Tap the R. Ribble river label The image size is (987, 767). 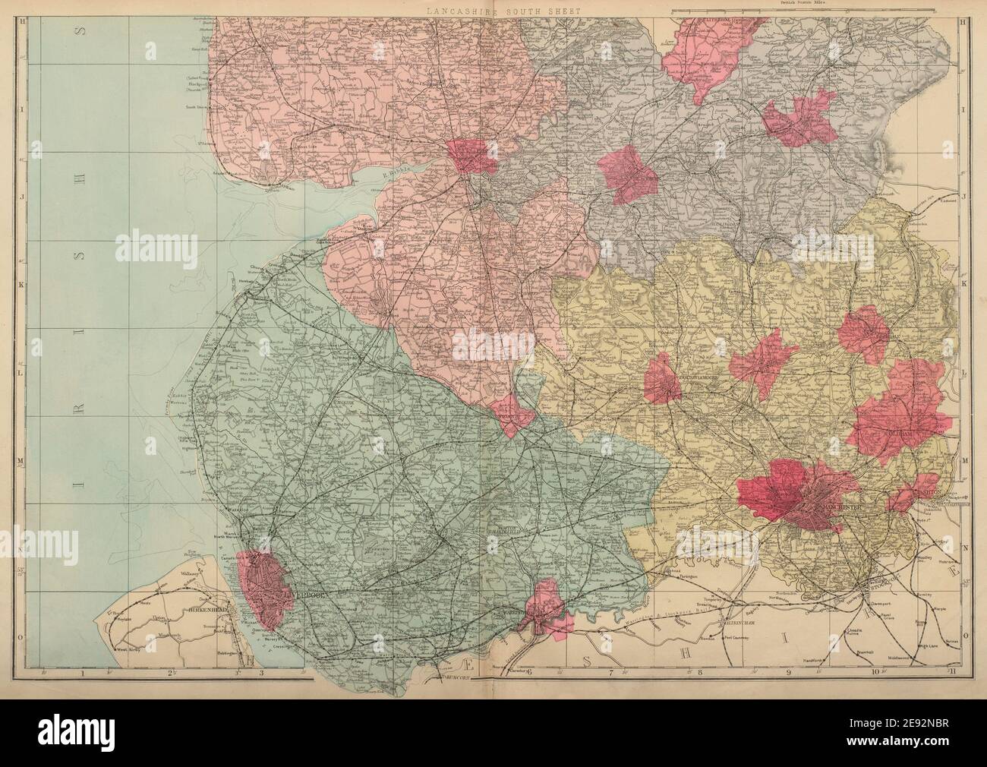396,173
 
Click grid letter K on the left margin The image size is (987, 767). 23,283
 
